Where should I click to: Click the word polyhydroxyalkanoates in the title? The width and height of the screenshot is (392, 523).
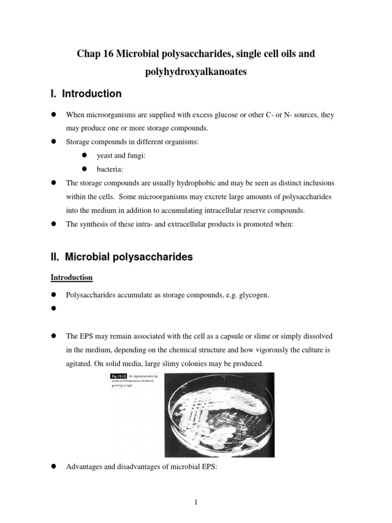click(x=196, y=72)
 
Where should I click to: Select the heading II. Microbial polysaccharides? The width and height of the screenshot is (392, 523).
click(x=121, y=257)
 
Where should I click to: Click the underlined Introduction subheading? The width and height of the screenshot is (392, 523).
click(x=71, y=277)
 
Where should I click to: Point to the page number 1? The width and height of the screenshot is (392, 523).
click(x=195, y=503)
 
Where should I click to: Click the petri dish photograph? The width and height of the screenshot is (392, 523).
click(x=227, y=414)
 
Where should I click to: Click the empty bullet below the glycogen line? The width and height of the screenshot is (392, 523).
click(x=53, y=310)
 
